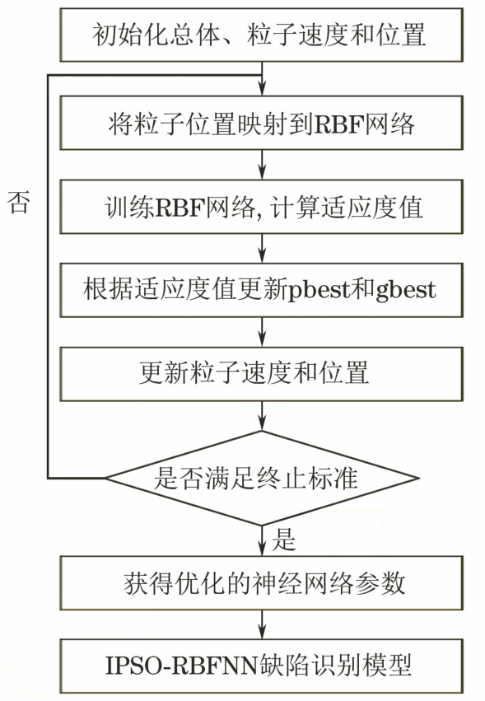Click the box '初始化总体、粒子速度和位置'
click(262, 35)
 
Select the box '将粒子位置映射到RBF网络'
click(262, 123)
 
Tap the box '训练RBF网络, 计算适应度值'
click(262, 207)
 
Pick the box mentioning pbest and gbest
click(262, 290)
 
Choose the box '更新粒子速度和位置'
click(262, 374)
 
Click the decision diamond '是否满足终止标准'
click(262, 478)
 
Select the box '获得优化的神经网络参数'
click(262, 582)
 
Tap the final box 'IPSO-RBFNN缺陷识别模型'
click(262, 666)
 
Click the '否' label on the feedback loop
click(19, 202)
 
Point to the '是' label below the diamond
click(284, 540)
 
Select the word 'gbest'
click(406, 291)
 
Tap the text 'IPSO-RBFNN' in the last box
click(182, 666)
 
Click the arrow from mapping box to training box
click(262, 165)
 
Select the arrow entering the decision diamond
click(262, 415)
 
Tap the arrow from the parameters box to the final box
click(262, 624)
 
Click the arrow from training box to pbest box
click(262, 248)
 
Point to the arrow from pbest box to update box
click(262, 332)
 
